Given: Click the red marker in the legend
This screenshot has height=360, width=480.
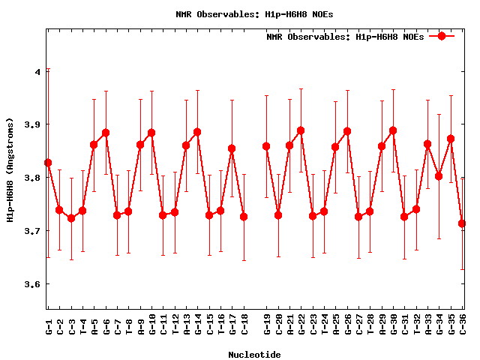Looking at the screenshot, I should pos(442,36).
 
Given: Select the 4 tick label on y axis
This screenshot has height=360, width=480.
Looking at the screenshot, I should pos(37,72).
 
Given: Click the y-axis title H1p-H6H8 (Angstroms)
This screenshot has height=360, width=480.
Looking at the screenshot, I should pos(10,169).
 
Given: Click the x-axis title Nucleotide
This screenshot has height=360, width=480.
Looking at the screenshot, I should pos(255,355).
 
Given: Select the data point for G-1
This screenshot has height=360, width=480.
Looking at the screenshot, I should pos(48,163).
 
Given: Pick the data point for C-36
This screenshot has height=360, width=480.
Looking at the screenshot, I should pos(462,223).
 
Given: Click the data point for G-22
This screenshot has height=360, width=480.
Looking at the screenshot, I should pos(301,130).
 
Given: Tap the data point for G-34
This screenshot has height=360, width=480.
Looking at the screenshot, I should pos(439,176).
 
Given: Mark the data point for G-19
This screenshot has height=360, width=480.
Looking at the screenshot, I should pos(266,146).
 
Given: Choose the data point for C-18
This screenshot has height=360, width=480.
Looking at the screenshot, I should pos(244,217).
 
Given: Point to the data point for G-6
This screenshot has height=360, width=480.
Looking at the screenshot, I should pos(106,133).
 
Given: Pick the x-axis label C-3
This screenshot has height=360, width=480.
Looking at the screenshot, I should pos(71,326).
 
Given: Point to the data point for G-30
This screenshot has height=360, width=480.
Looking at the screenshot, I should pos(393,130).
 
